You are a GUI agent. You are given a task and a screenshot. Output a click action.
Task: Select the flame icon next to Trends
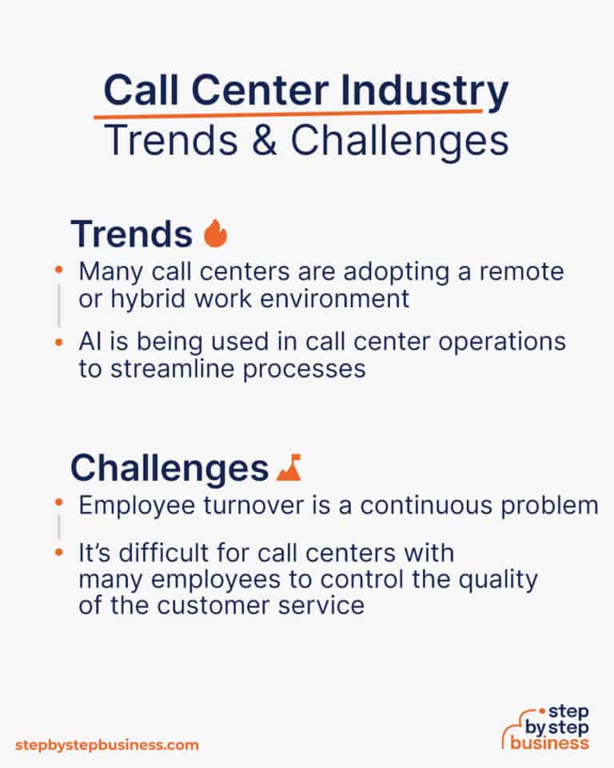coord(216,234)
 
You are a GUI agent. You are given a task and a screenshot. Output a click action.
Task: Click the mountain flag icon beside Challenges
coord(288,468)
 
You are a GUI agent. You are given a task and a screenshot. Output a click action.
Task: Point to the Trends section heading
coord(131,234)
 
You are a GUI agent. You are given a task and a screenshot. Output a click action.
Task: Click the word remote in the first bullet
coord(524,271)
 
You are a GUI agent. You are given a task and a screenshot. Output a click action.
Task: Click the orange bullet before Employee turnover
coord(58,503)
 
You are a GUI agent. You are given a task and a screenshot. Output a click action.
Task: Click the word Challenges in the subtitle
coord(400,142)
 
